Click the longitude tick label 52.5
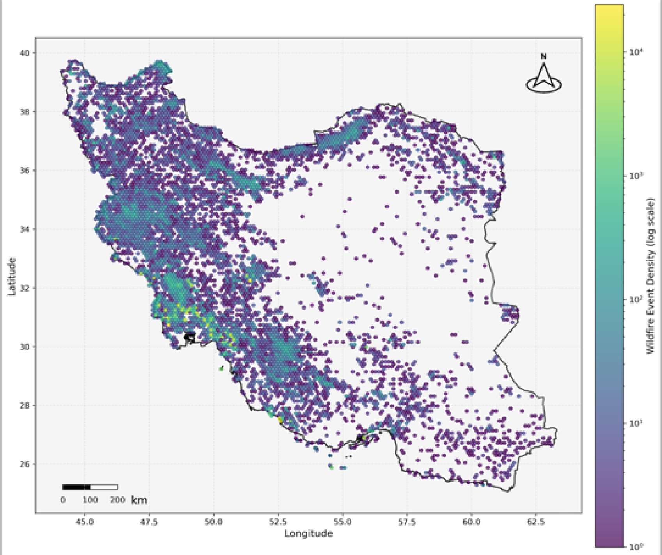point(278,522)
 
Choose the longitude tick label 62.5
point(536,522)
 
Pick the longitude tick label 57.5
point(407,522)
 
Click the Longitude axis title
point(309,534)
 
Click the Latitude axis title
point(12,276)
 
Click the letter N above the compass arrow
point(543,56)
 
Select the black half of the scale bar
point(76,487)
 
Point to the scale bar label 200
point(117,500)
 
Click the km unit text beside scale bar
point(139,500)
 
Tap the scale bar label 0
point(63,500)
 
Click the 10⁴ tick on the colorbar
point(636,52)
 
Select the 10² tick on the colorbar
point(636,299)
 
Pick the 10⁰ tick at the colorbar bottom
point(636,546)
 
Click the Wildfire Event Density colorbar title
point(650,276)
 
